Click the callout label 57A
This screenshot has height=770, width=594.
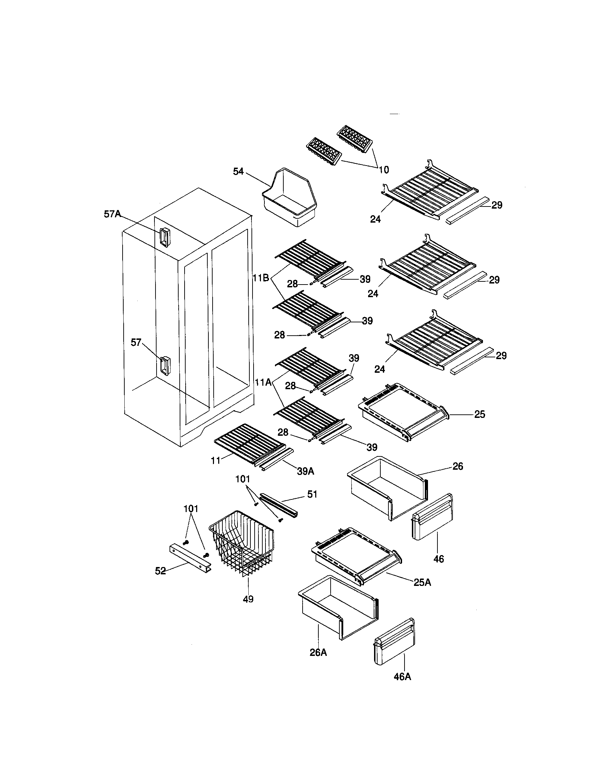(112, 213)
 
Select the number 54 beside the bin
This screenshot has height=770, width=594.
(239, 171)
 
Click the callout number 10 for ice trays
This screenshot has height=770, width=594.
(384, 170)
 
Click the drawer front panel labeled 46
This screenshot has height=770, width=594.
(433, 518)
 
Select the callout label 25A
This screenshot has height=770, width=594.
(422, 582)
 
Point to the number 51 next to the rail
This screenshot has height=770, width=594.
(312, 494)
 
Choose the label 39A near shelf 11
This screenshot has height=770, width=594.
(305, 471)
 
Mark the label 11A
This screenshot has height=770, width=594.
(263, 382)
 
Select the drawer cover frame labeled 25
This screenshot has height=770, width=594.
(403, 411)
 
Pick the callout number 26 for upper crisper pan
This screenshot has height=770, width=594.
(457, 466)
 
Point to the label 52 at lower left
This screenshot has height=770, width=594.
(160, 571)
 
